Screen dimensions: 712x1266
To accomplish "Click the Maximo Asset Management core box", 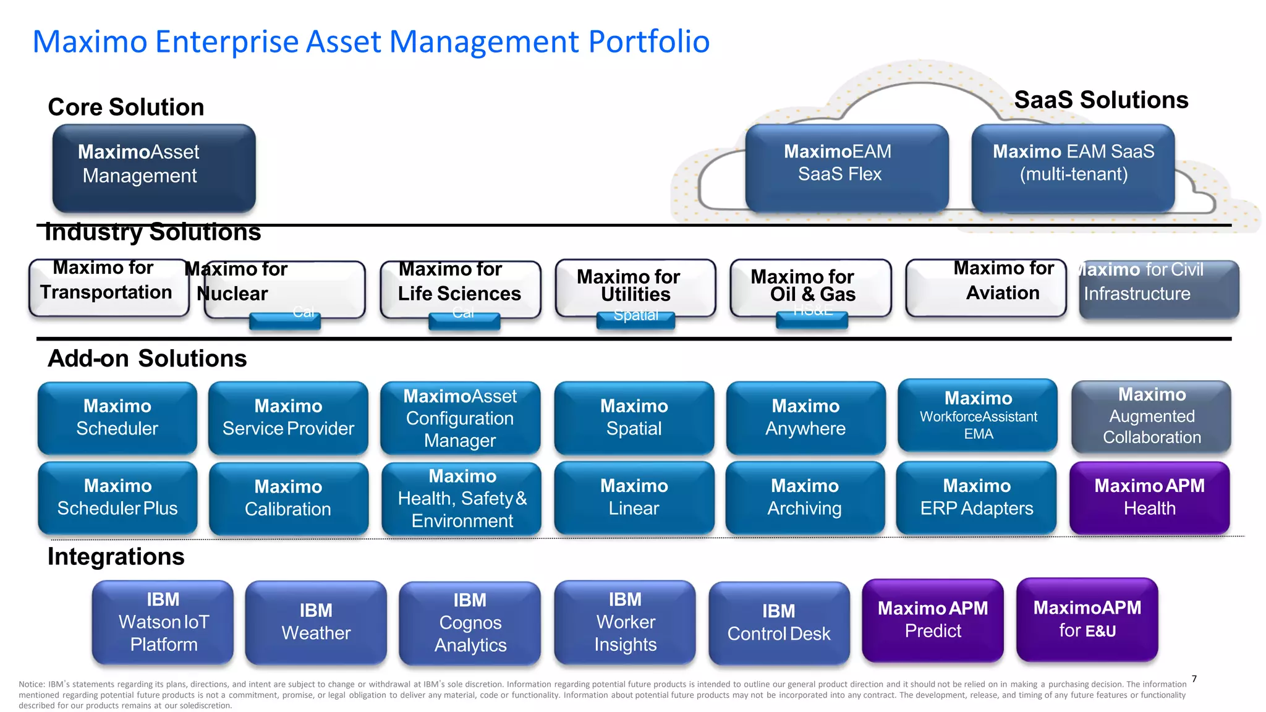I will (154, 168).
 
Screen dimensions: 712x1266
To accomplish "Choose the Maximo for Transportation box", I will (109, 287).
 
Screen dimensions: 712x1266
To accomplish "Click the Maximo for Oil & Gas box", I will (810, 286).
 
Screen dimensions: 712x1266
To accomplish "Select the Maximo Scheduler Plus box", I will (117, 498).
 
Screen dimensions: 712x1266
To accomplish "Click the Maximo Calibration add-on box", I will (288, 498).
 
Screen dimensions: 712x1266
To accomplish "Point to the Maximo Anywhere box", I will (805, 418).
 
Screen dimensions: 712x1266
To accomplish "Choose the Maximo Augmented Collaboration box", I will (1151, 417).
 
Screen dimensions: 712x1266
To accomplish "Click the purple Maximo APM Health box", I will (1149, 498).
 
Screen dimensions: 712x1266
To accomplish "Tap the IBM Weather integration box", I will (316, 622).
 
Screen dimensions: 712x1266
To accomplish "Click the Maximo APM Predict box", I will (932, 621).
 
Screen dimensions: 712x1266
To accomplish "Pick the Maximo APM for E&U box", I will (1087, 620).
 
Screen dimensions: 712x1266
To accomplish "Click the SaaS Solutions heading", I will (1101, 100).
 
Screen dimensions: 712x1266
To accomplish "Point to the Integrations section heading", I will (116, 557).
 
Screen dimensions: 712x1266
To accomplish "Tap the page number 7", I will (1194, 679).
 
